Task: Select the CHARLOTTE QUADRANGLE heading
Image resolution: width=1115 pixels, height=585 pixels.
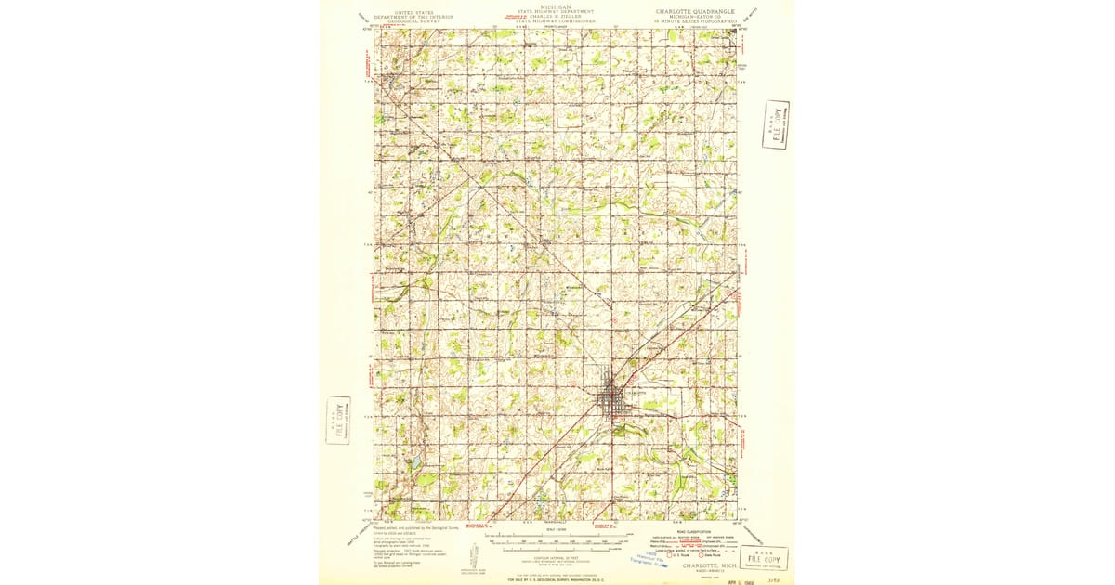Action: (x=694, y=12)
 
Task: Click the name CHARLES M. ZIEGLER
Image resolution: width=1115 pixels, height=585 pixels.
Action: (x=557, y=16)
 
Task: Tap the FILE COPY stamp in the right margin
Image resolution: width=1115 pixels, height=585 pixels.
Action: (x=775, y=125)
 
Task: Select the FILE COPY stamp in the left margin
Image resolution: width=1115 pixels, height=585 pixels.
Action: (x=338, y=421)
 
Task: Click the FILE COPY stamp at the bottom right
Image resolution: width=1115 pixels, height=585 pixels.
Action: (x=764, y=557)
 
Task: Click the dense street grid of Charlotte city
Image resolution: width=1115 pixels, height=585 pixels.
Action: (x=613, y=401)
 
